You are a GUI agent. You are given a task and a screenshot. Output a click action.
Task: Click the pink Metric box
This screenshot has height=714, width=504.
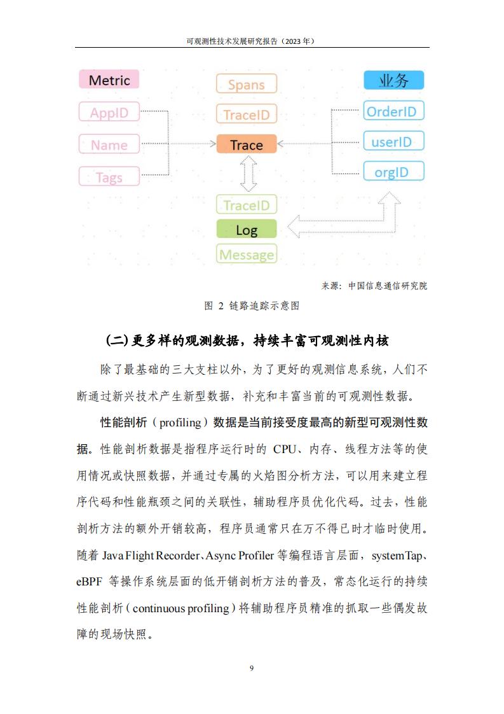pyautogui.click(x=109, y=80)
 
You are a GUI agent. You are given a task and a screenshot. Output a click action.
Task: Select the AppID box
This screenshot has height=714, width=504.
pyautogui.click(x=109, y=112)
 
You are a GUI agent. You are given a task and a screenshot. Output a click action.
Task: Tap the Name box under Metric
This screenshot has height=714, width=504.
pyautogui.click(x=109, y=144)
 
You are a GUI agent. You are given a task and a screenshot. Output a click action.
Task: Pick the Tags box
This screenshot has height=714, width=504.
pyautogui.click(x=109, y=177)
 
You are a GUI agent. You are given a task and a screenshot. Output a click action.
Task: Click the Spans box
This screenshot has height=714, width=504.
pyautogui.click(x=247, y=84)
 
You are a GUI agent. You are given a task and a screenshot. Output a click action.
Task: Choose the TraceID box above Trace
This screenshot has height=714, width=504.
pyautogui.click(x=247, y=114)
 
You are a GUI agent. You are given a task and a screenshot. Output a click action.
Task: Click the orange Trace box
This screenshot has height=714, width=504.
pyautogui.click(x=247, y=144)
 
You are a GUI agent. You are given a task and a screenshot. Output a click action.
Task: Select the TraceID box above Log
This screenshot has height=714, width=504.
pyautogui.click(x=247, y=205)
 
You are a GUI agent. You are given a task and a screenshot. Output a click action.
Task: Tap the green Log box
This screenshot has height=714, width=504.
pyautogui.click(x=247, y=229)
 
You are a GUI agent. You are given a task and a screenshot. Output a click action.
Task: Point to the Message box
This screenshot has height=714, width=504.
pyautogui.click(x=247, y=254)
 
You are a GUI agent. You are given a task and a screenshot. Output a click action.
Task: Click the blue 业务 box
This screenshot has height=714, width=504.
pyautogui.click(x=394, y=80)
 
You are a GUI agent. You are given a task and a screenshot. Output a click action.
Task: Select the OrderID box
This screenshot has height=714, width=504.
pyautogui.click(x=394, y=111)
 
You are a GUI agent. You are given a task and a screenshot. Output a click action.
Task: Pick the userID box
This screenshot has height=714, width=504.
pyautogui.click(x=394, y=141)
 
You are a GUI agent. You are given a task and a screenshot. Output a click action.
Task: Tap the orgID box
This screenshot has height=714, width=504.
pyautogui.click(x=394, y=171)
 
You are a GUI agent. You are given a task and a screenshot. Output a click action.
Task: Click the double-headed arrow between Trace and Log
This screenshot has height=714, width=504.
pyautogui.click(x=249, y=174)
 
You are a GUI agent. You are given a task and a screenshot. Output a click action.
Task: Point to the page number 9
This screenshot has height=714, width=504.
pyautogui.click(x=252, y=668)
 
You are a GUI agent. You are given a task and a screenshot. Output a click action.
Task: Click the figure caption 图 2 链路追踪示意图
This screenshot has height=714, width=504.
pyautogui.click(x=252, y=305)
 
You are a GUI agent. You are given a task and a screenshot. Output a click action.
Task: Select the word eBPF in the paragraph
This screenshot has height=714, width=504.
pyautogui.click(x=89, y=582)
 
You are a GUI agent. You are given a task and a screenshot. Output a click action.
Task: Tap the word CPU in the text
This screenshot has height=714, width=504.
pyautogui.click(x=285, y=449)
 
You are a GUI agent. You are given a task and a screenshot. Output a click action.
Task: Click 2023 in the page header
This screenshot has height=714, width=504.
pyautogui.click(x=293, y=41)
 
